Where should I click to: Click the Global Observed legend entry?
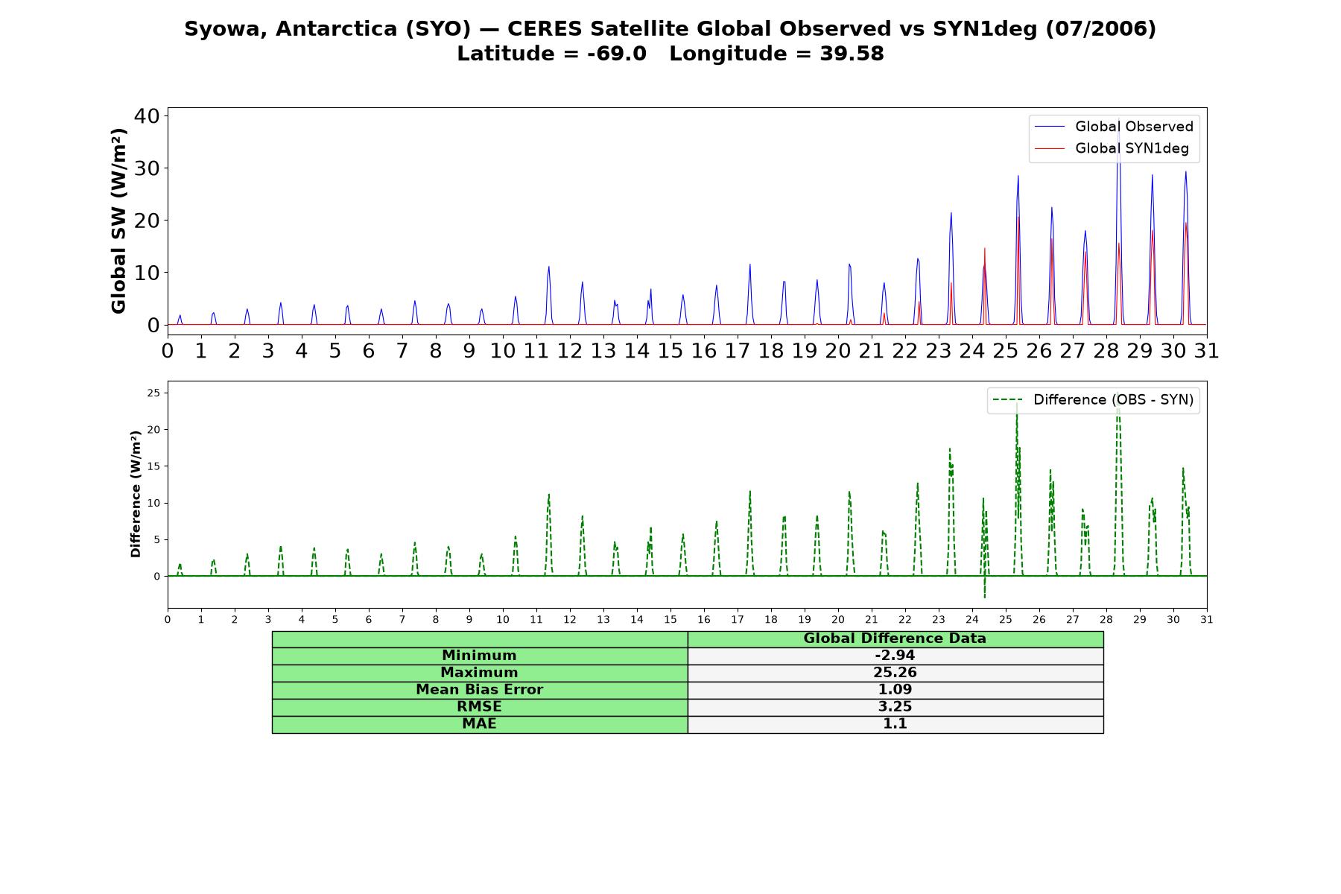pos(1115,127)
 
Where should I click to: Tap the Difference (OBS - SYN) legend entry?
pos(1094,400)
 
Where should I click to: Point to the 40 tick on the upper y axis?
pos(147,115)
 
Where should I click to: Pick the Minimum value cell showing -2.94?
pos(895,656)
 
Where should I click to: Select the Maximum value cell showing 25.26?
pos(895,673)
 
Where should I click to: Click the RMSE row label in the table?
pos(479,706)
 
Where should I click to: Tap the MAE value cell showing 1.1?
pos(895,724)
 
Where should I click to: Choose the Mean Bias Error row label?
pos(479,690)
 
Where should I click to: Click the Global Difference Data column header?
pos(895,638)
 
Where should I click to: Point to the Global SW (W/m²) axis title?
pos(118,221)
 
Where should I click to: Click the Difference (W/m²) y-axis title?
pos(136,494)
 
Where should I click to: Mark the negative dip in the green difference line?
pos(984,597)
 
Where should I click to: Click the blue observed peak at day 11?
pos(549,267)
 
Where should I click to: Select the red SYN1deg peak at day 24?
pos(985,249)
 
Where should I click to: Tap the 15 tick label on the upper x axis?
pos(670,351)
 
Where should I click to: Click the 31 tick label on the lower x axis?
pos(1207,619)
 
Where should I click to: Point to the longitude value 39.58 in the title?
pos(852,54)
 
